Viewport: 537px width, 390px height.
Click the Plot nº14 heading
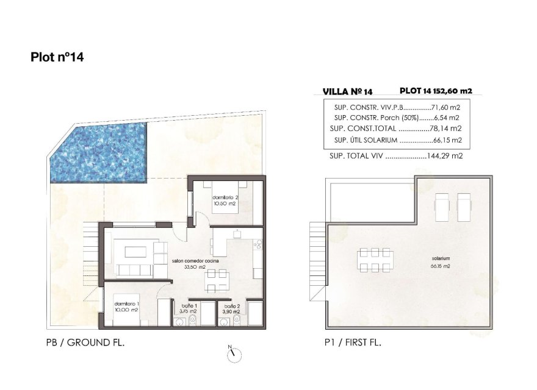57,58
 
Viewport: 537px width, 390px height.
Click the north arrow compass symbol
234,354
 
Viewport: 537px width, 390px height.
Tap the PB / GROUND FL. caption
85,342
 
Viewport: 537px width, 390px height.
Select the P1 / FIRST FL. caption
353,342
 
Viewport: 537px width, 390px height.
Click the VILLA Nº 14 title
347,92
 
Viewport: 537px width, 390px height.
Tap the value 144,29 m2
445,156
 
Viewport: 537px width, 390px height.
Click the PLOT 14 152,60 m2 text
436,91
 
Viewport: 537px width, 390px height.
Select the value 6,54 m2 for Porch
447,118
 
